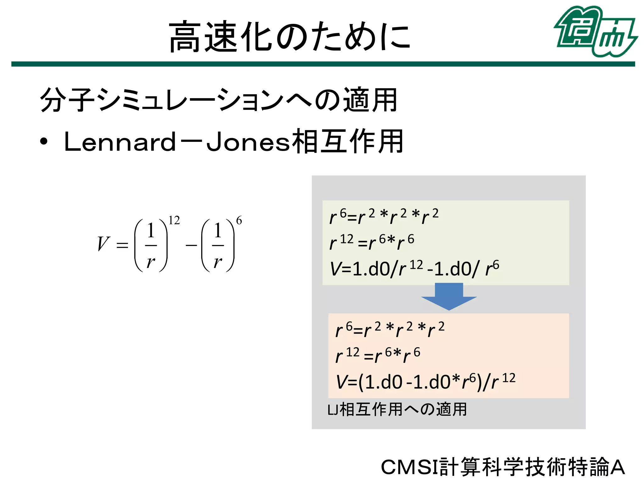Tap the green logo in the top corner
[x=595, y=31]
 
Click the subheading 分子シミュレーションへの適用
[x=219, y=100]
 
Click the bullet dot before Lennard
[x=44, y=142]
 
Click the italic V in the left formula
[x=103, y=244]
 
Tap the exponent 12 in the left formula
[x=174, y=220]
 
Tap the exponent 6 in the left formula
[x=239, y=220]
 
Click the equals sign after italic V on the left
[x=122, y=245]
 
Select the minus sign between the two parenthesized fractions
[x=191, y=245]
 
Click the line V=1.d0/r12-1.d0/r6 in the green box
[x=414, y=269]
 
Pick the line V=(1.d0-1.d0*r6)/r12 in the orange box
[x=425, y=381]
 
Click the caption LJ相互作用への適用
[x=397, y=409]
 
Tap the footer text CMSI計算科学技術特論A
[x=502, y=467]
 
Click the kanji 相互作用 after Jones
[x=347, y=142]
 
